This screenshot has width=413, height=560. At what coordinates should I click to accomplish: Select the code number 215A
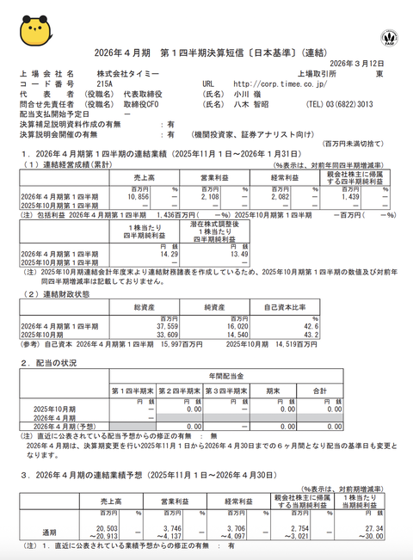tap(104, 84)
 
